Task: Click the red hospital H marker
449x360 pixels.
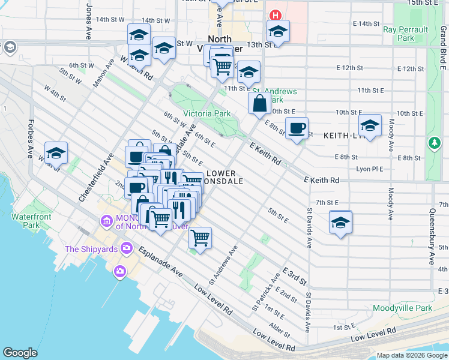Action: (x=276, y=15)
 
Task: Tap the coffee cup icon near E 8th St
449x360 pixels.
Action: (x=297, y=128)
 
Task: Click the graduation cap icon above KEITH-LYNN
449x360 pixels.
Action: (x=370, y=126)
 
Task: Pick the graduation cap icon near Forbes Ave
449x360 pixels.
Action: (x=56, y=154)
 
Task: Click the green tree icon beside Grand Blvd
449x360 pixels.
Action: (x=434, y=143)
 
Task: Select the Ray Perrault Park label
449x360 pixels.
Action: (x=406, y=34)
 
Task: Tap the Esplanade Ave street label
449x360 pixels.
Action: (x=160, y=262)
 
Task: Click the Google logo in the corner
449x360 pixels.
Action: (x=20, y=353)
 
